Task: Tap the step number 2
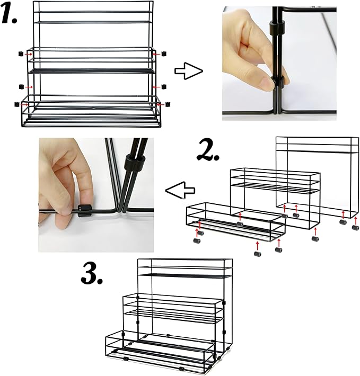tap(208, 151)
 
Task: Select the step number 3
tap(92, 273)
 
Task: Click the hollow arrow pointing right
tap(189, 71)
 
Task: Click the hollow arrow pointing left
tap(180, 191)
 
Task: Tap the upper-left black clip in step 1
tap(21, 54)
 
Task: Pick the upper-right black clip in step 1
tap(164, 53)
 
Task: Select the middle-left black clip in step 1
tap(21, 86)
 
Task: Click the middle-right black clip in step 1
tap(164, 86)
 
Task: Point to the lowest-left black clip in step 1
tap(16, 104)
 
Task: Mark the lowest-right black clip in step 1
tap(168, 104)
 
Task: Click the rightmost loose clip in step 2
tap(355, 227)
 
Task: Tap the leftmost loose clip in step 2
tap(197, 240)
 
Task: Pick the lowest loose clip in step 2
tap(258, 254)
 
